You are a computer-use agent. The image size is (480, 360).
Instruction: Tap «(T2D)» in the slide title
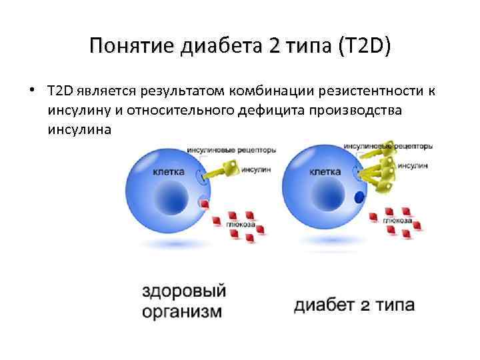point(365,47)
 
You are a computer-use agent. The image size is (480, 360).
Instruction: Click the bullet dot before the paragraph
point(31,89)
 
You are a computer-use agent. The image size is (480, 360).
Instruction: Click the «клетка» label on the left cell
point(169,171)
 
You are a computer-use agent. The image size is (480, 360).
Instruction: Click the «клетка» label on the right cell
point(325,171)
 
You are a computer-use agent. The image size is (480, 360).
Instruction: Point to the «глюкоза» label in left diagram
point(240,225)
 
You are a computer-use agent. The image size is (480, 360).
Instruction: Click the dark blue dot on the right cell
point(359,197)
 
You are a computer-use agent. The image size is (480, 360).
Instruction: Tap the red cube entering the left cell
point(207,203)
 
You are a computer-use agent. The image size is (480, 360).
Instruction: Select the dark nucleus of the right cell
point(322,198)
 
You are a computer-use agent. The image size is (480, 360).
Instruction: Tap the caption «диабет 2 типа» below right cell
point(354,306)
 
